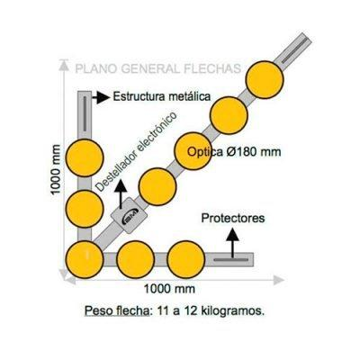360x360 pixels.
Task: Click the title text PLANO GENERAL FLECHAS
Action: pyautogui.click(x=157, y=68)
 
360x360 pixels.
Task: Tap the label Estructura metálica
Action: pyautogui.click(x=162, y=96)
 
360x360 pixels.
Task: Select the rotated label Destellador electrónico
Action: pyautogui.click(x=136, y=152)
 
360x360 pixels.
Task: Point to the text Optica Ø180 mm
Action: pyautogui.click(x=234, y=152)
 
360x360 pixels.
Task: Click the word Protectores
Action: pyautogui.click(x=233, y=218)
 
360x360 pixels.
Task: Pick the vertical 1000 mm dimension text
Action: pyautogui.click(x=56, y=170)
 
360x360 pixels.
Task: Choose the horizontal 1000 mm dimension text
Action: pyautogui.click(x=169, y=289)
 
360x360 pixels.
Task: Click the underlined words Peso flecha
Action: pyautogui.click(x=117, y=310)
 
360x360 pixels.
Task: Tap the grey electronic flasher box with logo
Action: pyautogui.click(x=129, y=215)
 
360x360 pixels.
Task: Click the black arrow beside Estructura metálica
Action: pyautogui.click(x=101, y=97)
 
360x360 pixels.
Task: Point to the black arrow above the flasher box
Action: pyautogui.click(x=121, y=194)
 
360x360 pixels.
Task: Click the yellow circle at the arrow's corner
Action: pyautogui.click(x=85, y=259)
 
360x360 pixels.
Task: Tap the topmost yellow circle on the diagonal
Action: pyautogui.click(x=265, y=79)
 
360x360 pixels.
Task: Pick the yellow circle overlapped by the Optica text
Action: pyautogui.click(x=193, y=151)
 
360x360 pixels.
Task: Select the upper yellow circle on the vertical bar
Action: pyautogui.click(x=85, y=157)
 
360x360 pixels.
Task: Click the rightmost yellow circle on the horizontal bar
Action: pyautogui.click(x=186, y=259)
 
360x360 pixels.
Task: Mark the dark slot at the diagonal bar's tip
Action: pyautogui.click(x=294, y=50)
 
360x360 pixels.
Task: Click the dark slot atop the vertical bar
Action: pyautogui.click(x=85, y=113)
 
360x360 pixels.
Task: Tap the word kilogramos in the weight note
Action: pyautogui.click(x=234, y=310)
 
